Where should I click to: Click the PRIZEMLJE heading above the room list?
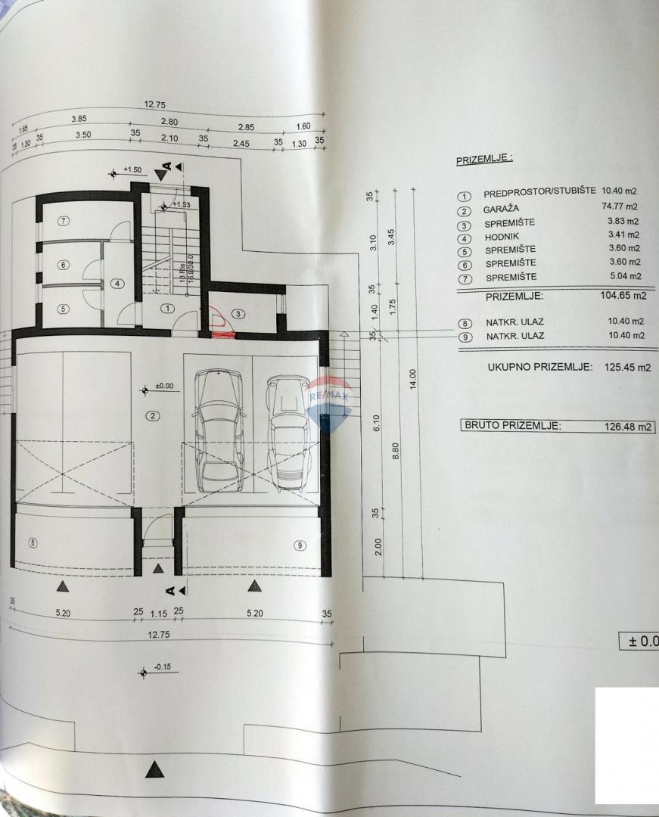[484, 160]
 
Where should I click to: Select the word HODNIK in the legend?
[502, 237]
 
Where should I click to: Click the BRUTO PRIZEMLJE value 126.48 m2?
[623, 427]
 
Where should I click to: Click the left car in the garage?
[219, 429]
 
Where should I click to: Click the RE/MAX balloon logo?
[329, 401]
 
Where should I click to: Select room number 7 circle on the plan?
[64, 221]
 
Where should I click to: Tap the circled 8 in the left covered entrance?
[32, 542]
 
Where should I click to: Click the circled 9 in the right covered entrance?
[300, 545]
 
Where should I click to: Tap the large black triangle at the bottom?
[155, 770]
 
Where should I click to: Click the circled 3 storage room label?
[237, 313]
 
